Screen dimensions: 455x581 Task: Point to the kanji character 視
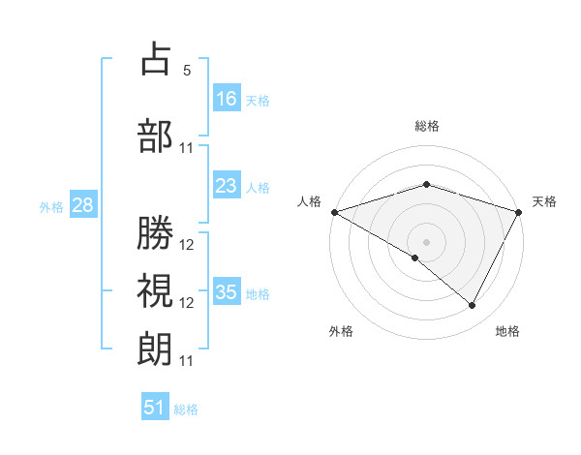156,289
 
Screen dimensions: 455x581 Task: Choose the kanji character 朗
156,348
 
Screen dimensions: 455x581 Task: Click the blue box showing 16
227,98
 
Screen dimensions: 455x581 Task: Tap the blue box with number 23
227,186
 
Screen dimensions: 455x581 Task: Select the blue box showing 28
82,205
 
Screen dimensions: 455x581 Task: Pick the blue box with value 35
227,292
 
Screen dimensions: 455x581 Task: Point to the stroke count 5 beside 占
187,71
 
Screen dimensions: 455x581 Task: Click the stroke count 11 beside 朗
187,360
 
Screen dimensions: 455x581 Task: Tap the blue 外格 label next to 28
51,206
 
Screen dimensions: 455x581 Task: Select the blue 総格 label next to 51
186,409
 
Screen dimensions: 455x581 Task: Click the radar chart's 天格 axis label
544,201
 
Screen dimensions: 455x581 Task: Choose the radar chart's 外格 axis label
341,331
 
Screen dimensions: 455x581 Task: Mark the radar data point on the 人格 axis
334,211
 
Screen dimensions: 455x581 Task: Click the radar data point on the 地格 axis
473,306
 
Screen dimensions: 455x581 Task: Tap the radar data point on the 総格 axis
426,184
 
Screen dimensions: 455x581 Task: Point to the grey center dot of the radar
426,241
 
